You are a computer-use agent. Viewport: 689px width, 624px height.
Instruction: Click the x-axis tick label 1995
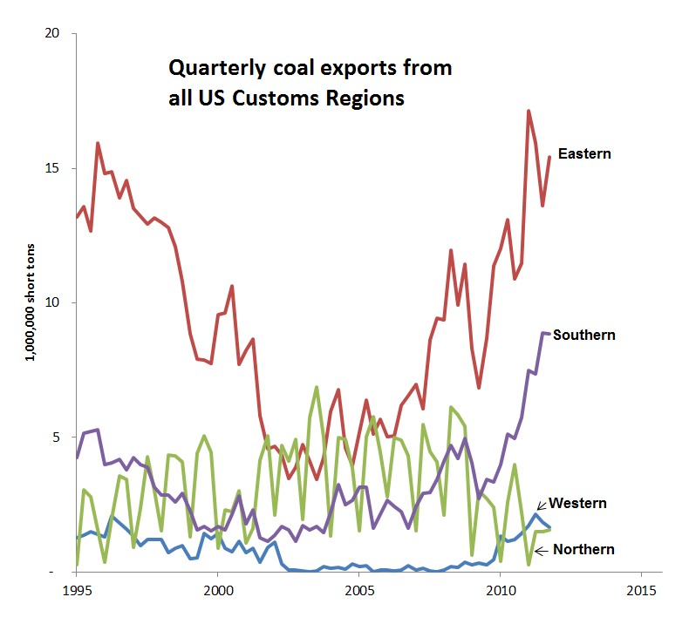(x=76, y=588)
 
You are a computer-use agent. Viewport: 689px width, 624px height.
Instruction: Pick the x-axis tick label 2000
(x=217, y=588)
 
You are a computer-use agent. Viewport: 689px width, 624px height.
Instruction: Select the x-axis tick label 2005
(x=358, y=588)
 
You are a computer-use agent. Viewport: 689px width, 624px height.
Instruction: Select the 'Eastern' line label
(x=584, y=154)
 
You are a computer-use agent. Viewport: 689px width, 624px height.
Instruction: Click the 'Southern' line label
(x=584, y=335)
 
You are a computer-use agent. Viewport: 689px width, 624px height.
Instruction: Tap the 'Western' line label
(x=578, y=503)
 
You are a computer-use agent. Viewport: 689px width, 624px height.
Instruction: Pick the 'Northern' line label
(x=583, y=549)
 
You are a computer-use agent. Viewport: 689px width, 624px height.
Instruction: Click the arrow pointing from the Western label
(x=542, y=505)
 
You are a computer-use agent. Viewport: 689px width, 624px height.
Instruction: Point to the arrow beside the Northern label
(x=540, y=549)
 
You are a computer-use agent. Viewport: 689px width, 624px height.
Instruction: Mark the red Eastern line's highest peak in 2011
(x=529, y=111)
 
